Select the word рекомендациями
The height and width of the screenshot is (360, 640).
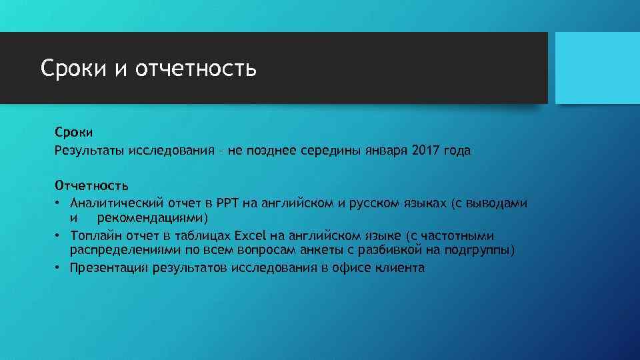pos(153,218)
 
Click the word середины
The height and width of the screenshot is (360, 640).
pos(328,151)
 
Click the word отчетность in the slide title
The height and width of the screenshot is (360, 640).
pos(195,69)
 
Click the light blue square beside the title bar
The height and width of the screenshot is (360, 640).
pos(597,68)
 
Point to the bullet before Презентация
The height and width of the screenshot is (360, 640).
pos(59,268)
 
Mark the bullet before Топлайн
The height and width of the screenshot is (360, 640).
pos(59,235)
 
